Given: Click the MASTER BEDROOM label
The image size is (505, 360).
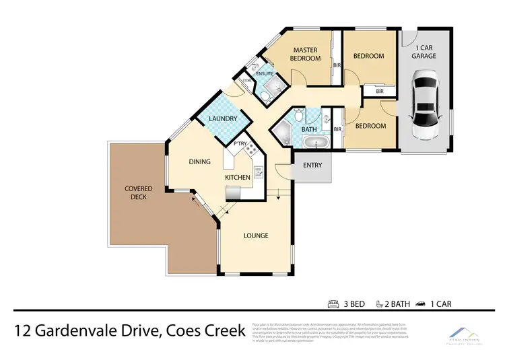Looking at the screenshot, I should pos(305,54).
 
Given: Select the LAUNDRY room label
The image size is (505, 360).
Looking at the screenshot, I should pos(223,119).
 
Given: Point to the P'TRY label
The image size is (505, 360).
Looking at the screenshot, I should pos(239,144).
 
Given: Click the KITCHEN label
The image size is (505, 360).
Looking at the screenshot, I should pos(238,177).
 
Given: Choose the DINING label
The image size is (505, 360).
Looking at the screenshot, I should pos(200,161).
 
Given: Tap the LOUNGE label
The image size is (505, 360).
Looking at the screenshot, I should pos(256,236).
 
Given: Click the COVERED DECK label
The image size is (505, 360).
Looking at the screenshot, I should pos(139,192).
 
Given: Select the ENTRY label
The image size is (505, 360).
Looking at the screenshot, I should pos(312,166).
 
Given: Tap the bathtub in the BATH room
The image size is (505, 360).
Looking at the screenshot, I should pos(313,143).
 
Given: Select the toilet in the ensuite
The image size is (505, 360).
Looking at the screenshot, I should pos(265,98).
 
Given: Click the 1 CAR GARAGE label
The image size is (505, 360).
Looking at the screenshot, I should pos(425,52).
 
